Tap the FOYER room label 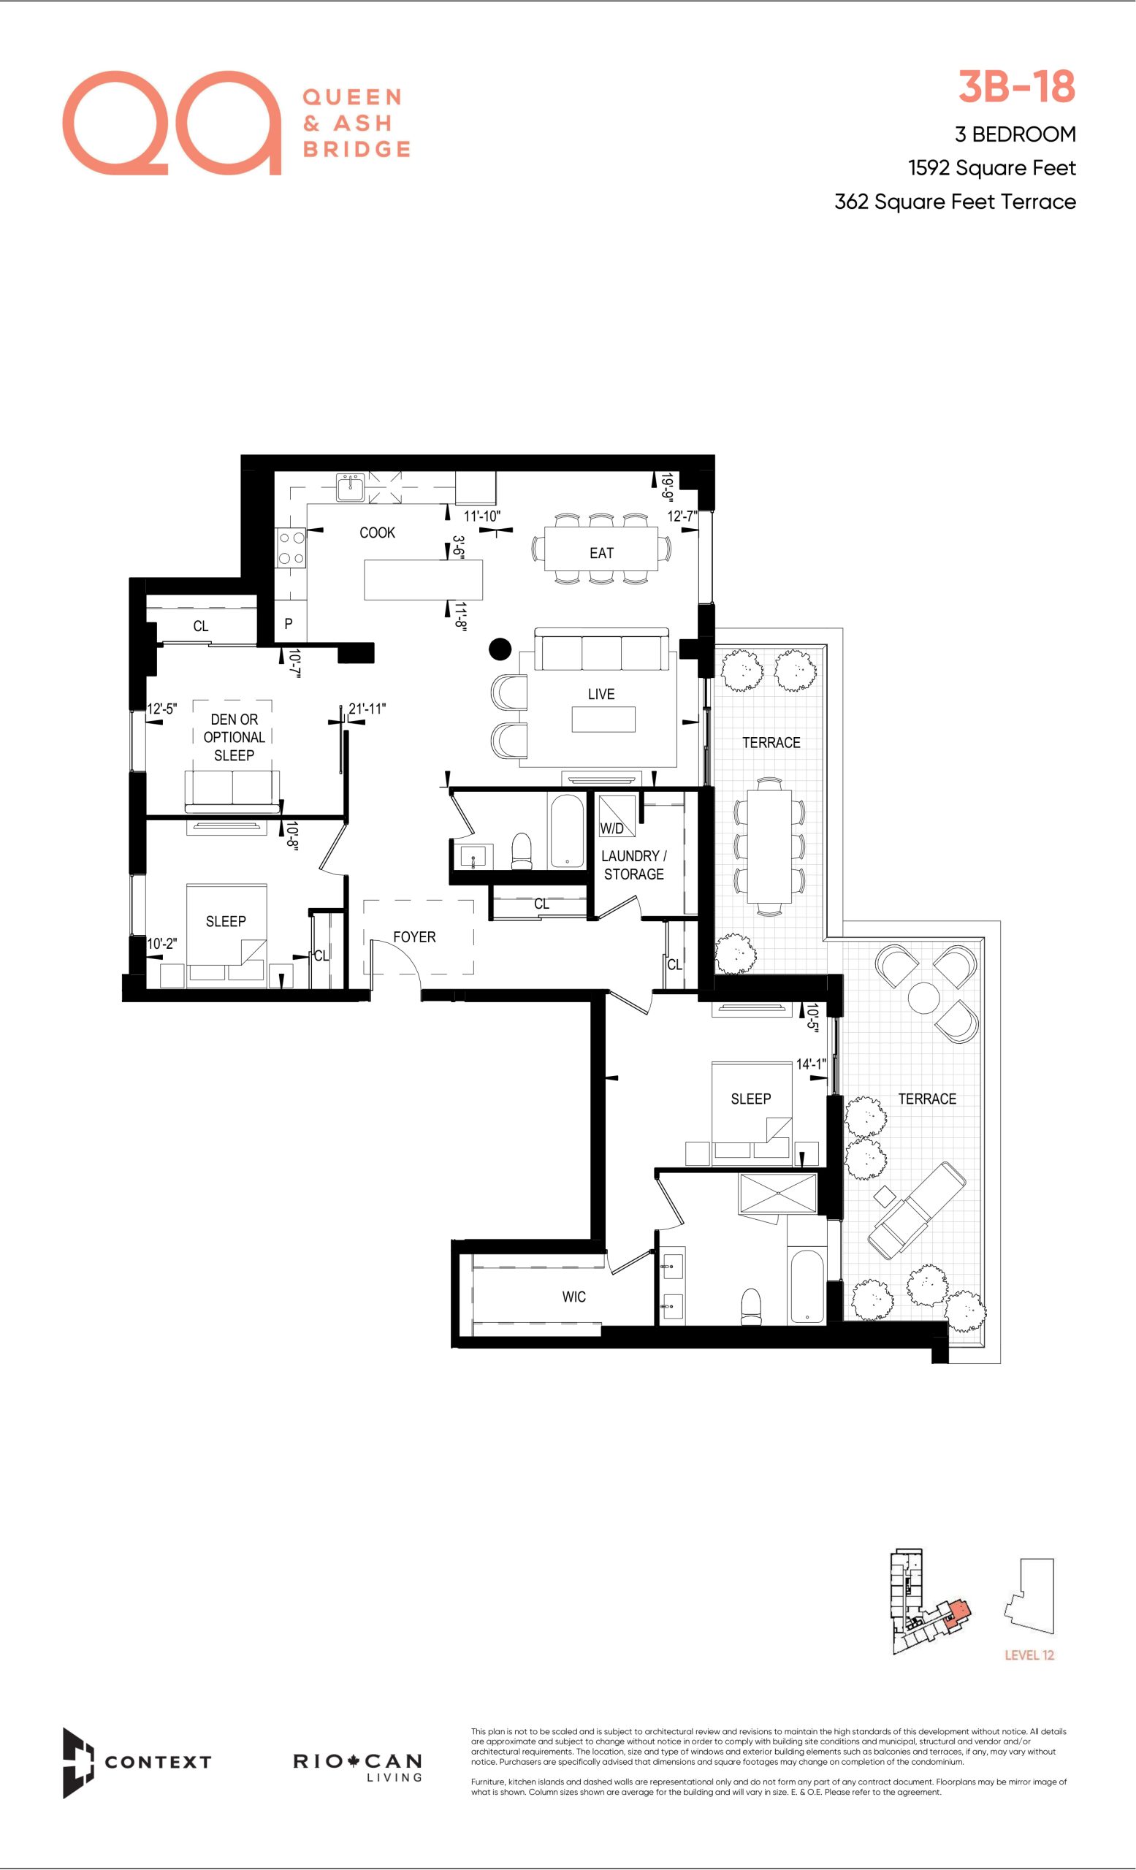click(x=414, y=937)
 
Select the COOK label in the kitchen click(x=377, y=533)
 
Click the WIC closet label click(x=573, y=1297)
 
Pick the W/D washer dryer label click(x=611, y=829)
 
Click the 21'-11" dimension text click(x=367, y=709)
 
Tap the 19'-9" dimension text click(x=667, y=488)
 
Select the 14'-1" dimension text click(x=810, y=1065)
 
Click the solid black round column click(x=500, y=649)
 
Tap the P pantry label click(x=289, y=624)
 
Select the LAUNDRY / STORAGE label click(x=633, y=865)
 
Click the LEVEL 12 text click(x=1029, y=1655)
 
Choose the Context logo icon click(x=77, y=1763)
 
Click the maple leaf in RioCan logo click(x=353, y=1760)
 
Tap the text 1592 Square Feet click(x=992, y=168)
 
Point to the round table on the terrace click(x=923, y=997)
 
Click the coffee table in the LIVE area click(x=603, y=720)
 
